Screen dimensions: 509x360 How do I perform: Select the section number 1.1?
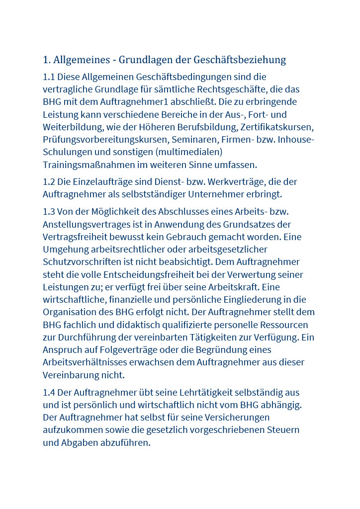[49, 77]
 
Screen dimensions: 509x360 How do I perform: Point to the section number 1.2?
[49, 182]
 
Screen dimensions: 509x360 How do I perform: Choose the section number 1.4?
[49, 393]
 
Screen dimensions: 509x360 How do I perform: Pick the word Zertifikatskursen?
[276, 127]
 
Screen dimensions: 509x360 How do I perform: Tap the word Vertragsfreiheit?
[78, 237]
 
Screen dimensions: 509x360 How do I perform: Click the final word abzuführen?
[126, 442]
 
